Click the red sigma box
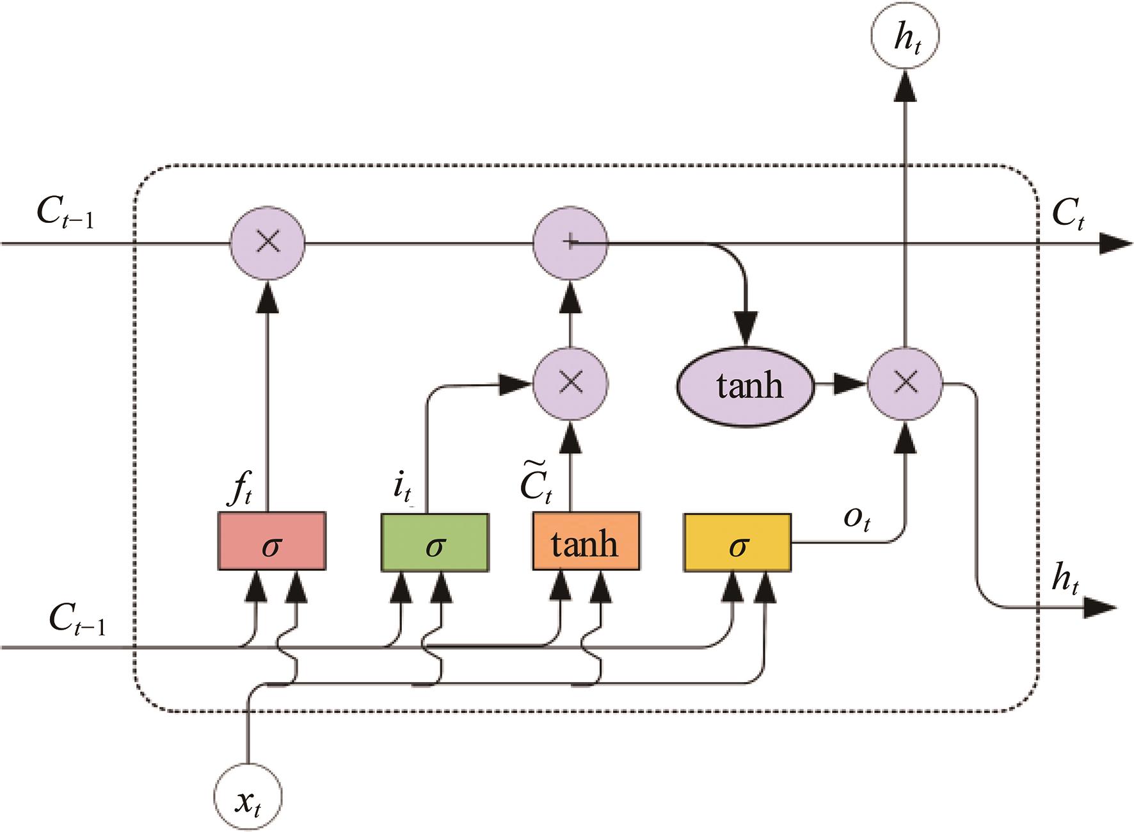272,541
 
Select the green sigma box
435,542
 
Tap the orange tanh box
586,542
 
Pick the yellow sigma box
737,542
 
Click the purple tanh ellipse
746,386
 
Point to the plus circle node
570,243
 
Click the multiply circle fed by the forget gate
268,243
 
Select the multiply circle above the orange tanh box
570,383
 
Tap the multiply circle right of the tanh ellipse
904,383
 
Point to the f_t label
241,490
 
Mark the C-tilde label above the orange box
536,485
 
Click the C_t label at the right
1068,213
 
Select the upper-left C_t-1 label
65,212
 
